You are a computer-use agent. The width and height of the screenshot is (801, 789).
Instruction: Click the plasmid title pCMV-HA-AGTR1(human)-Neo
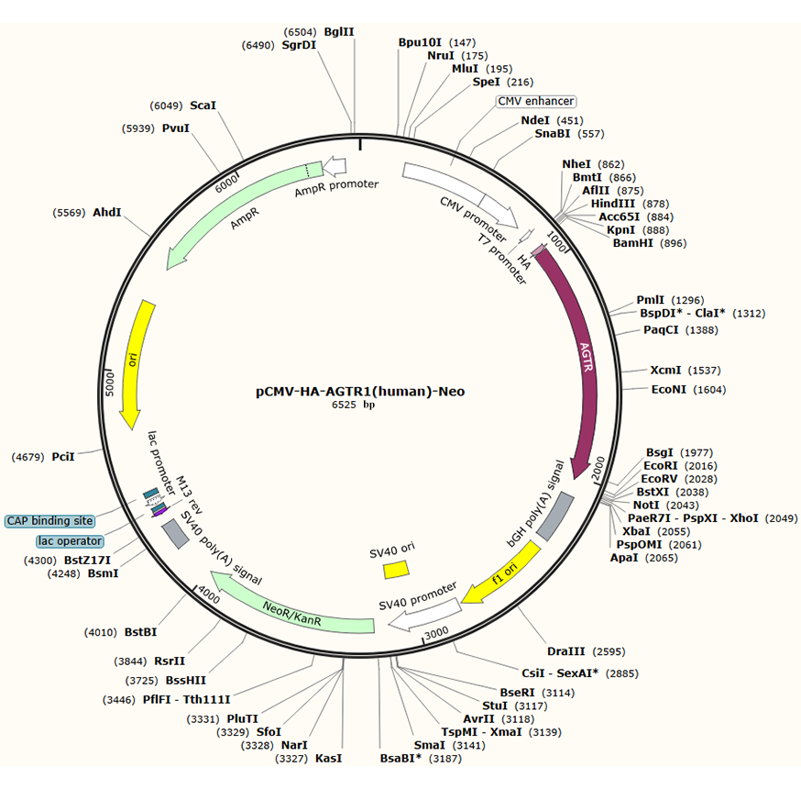click(360, 391)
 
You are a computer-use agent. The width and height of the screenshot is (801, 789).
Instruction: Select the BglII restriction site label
click(339, 31)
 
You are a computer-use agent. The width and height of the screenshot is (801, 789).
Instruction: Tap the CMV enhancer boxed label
click(536, 101)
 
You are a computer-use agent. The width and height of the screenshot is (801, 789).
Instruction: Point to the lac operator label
click(71, 541)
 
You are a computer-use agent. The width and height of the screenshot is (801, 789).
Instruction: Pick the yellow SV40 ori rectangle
click(396, 569)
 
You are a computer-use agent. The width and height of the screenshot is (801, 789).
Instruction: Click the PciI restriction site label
click(63, 455)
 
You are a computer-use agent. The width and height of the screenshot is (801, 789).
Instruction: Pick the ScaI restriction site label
click(203, 106)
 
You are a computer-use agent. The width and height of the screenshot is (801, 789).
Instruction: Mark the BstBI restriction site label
click(141, 631)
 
